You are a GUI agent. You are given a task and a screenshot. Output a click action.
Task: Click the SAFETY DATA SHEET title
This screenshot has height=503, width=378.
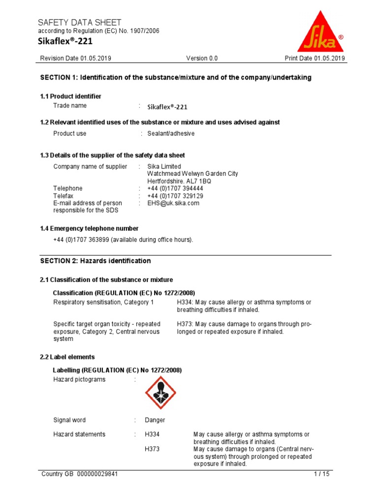(80, 23)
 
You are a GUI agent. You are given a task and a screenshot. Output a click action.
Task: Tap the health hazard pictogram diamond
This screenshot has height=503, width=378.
(160, 392)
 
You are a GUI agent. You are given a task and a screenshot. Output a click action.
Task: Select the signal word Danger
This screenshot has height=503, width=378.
(155, 420)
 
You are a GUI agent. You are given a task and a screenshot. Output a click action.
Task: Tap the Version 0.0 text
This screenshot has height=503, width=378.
(202, 58)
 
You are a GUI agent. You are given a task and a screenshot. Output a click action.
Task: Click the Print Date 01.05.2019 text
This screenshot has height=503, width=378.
(315, 58)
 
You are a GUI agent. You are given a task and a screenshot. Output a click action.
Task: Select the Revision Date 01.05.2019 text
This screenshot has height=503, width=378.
(75, 58)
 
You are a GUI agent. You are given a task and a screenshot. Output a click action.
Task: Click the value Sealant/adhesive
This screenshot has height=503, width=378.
(171, 134)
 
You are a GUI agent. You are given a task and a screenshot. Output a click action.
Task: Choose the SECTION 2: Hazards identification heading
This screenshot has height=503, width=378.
(95, 261)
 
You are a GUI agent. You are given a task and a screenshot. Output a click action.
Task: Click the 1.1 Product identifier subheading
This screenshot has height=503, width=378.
(70, 96)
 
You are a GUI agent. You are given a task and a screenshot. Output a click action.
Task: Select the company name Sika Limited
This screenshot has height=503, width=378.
(164, 167)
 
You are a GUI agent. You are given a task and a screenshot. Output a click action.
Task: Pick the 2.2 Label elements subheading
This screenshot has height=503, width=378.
(67, 357)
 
